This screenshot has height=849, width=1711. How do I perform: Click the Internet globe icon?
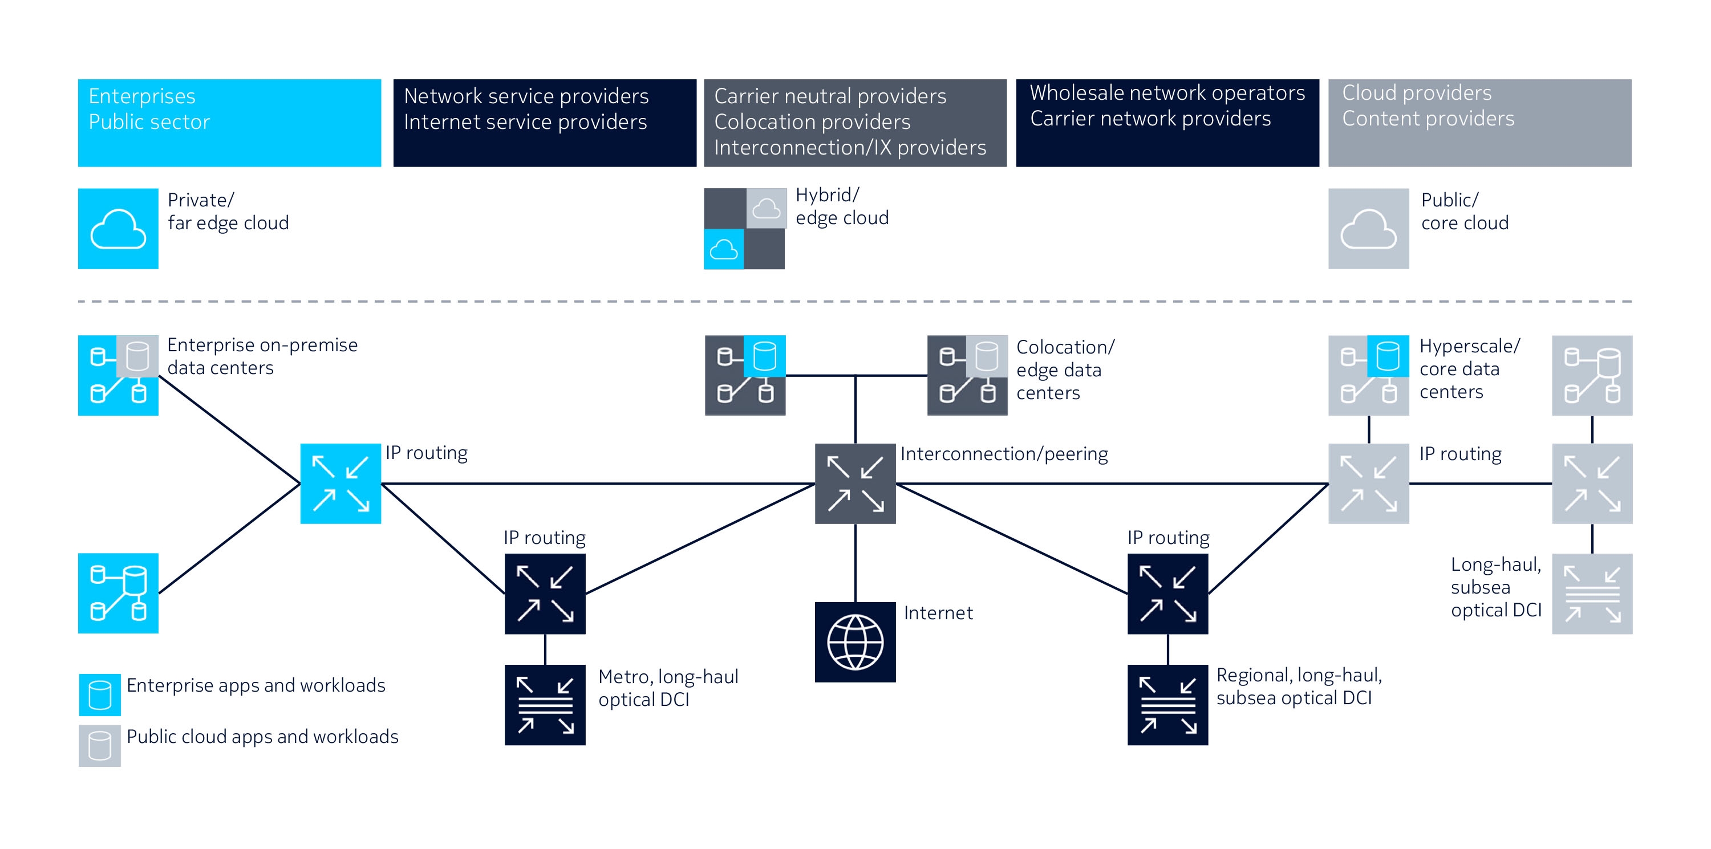tap(855, 642)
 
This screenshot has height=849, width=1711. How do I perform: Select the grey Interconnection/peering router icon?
tap(855, 484)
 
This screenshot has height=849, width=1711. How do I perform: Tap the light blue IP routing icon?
tap(340, 484)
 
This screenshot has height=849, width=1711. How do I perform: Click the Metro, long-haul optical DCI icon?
tap(545, 704)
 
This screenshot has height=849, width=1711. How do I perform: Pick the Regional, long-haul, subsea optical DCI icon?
tap(1167, 704)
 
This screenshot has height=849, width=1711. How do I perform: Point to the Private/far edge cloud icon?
tap(117, 228)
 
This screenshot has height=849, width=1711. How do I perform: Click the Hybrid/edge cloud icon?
tap(744, 228)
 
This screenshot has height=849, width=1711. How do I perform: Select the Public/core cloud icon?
tap(1368, 228)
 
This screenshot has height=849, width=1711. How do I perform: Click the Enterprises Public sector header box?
tap(229, 123)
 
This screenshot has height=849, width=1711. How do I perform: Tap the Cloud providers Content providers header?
tap(1479, 123)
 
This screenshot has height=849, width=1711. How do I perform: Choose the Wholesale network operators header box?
tap(1167, 123)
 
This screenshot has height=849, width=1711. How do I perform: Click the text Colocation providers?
tap(812, 122)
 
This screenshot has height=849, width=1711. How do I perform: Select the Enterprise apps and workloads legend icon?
tap(100, 694)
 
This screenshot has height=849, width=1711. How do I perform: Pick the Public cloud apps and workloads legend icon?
tap(100, 745)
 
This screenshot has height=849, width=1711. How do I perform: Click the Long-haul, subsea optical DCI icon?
tap(1591, 594)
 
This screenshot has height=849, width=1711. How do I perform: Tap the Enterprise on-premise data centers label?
tap(262, 356)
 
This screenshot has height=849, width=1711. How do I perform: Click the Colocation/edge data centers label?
tap(1065, 369)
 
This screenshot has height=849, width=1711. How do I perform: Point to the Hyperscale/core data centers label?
tap(1469, 368)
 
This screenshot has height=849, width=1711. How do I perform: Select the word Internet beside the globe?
tap(938, 613)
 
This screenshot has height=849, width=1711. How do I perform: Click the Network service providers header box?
tap(545, 123)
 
